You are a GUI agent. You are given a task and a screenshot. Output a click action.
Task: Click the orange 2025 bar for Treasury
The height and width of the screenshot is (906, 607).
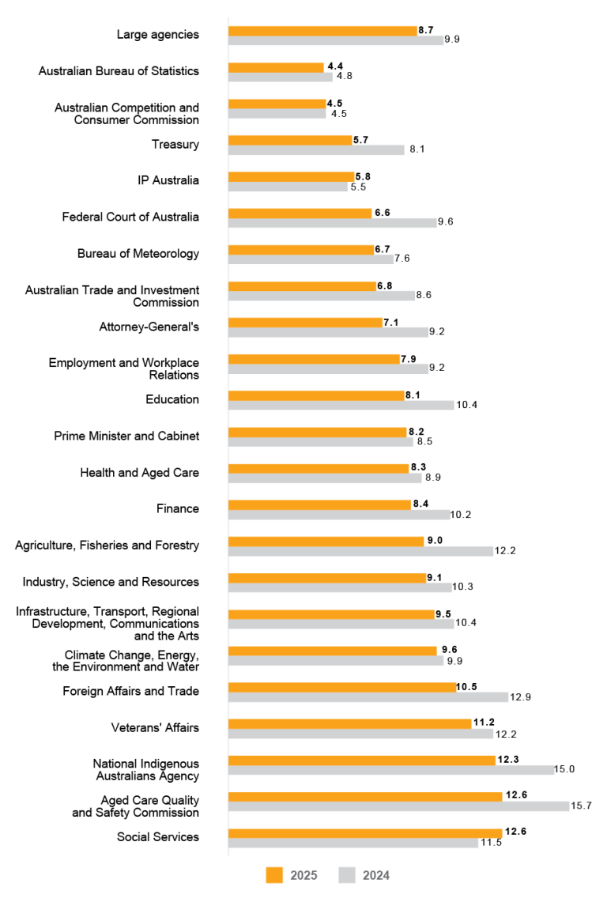(290, 140)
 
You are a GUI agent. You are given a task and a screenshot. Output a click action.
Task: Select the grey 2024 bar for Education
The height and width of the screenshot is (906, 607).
(341, 405)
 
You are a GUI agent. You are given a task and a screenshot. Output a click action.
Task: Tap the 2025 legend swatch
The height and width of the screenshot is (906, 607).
(274, 875)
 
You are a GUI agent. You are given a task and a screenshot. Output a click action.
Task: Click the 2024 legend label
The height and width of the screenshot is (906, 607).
(376, 875)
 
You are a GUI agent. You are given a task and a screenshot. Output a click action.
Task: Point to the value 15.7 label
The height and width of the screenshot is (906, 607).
(582, 806)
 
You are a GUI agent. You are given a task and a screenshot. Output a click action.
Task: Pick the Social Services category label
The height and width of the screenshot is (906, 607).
(158, 836)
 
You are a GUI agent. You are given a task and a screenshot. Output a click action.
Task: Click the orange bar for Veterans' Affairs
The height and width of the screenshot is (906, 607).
(350, 723)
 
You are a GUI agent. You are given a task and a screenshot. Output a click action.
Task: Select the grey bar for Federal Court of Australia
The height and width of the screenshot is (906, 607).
(332, 222)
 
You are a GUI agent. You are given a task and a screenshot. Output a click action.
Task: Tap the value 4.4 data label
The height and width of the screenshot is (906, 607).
(335, 66)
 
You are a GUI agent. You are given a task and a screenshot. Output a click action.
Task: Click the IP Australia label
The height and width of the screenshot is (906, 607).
(168, 180)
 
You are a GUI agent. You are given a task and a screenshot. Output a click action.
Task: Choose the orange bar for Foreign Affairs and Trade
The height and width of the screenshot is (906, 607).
(342, 687)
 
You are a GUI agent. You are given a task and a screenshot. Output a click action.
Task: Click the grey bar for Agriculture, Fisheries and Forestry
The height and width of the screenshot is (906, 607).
(360, 550)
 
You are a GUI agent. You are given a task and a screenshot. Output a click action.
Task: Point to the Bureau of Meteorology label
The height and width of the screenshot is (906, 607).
(138, 254)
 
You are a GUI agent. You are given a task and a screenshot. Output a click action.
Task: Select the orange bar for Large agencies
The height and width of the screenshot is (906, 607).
(322, 30)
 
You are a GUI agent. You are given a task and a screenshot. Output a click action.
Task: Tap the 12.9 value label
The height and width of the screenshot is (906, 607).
(520, 696)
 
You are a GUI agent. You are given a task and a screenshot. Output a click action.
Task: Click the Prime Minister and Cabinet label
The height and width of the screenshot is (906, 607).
(126, 436)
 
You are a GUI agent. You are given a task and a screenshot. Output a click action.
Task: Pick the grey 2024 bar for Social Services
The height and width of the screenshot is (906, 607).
(352, 843)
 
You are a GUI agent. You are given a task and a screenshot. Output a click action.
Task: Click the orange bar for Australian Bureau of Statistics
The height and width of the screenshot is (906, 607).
(276, 67)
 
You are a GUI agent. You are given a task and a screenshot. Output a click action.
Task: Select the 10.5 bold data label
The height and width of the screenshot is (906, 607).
(467, 687)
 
